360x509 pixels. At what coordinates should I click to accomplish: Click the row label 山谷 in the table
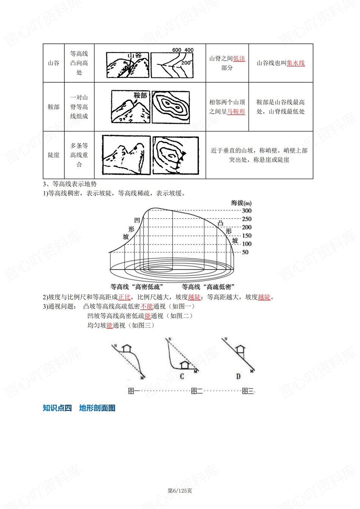pos(54,63)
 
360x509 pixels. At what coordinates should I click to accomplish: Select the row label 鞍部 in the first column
pos(54,107)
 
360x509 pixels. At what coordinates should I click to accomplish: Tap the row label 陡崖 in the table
pos(54,155)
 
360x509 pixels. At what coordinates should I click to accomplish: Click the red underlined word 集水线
pos(296,63)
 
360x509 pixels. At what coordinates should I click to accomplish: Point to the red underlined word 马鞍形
pos(236,111)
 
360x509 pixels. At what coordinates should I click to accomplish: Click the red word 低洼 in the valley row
pos(239,59)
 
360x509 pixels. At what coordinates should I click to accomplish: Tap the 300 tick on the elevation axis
pos(247,211)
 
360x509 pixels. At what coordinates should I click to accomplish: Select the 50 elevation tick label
pos(245,252)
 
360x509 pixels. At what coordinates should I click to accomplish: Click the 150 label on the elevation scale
pos(247,235)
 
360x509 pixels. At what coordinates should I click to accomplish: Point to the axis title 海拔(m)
pos(241,203)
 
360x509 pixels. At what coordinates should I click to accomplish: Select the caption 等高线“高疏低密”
pos(208,287)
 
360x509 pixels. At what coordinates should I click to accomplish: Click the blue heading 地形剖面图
pos(97,408)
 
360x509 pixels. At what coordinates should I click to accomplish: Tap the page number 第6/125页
pos(180,490)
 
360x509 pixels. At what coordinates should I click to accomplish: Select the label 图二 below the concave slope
pos(197,391)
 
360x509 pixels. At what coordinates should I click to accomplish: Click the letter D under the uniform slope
pos(238,376)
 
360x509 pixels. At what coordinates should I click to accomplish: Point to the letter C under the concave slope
pos(182,376)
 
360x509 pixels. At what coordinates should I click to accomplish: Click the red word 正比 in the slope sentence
pos(124,297)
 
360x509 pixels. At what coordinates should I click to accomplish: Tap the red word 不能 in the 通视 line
pos(147,306)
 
